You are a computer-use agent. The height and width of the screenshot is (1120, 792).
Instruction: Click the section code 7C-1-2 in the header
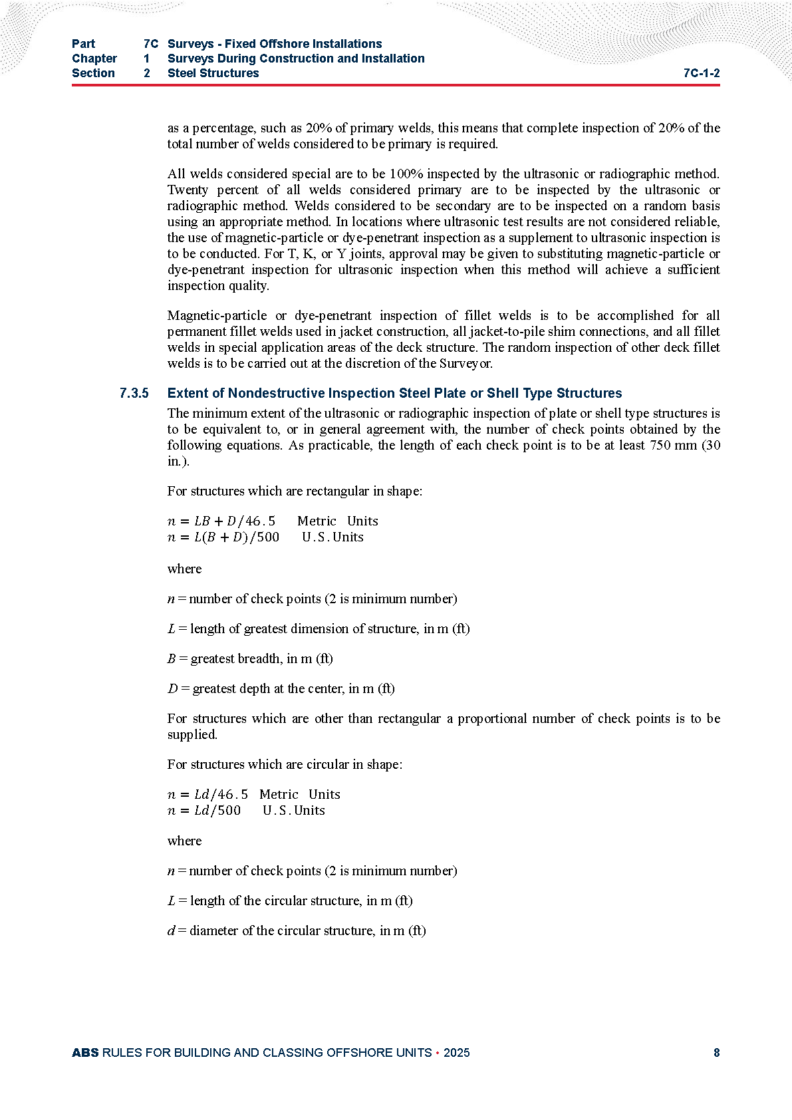[x=701, y=73]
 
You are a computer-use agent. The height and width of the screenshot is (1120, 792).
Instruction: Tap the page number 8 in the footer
[x=716, y=1052]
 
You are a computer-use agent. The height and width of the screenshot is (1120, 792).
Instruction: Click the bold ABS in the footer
[x=85, y=1052]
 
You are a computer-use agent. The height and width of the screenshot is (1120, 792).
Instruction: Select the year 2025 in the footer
[x=456, y=1052]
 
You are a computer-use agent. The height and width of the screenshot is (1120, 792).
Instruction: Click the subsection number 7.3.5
[x=134, y=393]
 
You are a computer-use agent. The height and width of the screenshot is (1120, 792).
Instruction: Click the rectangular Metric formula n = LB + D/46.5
[x=221, y=521]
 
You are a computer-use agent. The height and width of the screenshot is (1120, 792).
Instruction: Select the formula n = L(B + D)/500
[x=223, y=537]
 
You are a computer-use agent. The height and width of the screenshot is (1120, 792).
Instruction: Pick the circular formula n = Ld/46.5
[x=207, y=794]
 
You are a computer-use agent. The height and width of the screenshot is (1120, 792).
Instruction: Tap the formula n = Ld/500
[x=204, y=810]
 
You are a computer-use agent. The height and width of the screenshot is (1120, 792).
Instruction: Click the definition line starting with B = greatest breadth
[x=250, y=658]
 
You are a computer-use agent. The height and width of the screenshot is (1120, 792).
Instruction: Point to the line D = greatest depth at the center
[x=281, y=688]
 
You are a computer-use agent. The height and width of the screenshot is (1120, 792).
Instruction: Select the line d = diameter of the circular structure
[x=296, y=930]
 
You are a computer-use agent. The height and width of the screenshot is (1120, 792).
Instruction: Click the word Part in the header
[x=84, y=44]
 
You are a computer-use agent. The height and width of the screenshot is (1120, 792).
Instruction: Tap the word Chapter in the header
[x=94, y=59]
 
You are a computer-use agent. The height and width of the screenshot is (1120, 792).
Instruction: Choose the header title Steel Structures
[x=213, y=73]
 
